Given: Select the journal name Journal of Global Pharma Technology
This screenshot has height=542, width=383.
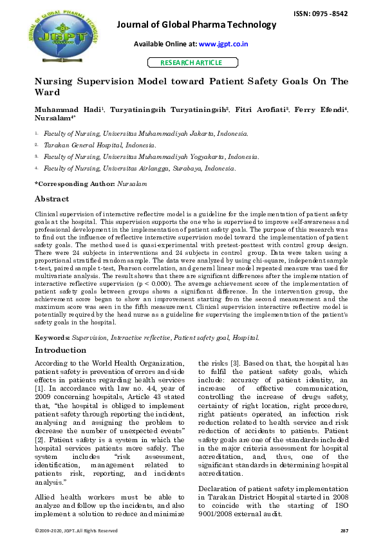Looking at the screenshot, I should point(196,24).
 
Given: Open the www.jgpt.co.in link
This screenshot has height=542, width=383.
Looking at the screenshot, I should point(223,44).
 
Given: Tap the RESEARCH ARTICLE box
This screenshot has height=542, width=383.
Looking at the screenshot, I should point(191,62).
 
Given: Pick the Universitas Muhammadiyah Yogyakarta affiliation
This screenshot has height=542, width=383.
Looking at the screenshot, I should point(151,157).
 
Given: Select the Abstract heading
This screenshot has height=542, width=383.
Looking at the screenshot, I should point(51,199).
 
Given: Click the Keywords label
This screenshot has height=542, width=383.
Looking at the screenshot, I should point(52,337).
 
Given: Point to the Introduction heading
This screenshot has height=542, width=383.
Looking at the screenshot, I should point(60,351).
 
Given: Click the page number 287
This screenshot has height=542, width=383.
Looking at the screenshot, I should point(344,531).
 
